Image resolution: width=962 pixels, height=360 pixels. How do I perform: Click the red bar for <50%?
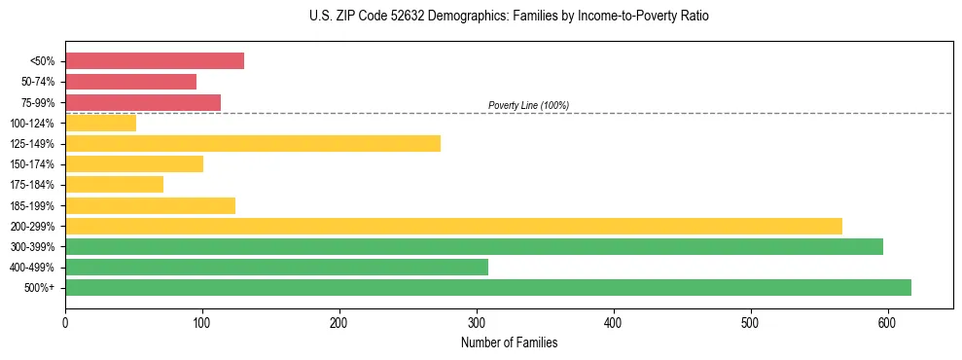154,61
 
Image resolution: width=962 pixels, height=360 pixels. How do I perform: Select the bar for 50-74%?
130,82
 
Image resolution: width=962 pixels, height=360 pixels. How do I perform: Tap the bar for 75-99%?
142,102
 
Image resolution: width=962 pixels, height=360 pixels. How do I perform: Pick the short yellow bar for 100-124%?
100,123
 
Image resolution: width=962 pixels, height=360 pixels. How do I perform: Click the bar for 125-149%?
252,143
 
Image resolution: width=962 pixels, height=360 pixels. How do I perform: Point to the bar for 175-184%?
114,184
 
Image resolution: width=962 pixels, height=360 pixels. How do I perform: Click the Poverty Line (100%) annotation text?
528,105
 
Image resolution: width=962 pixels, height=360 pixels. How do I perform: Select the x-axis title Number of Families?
509,342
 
